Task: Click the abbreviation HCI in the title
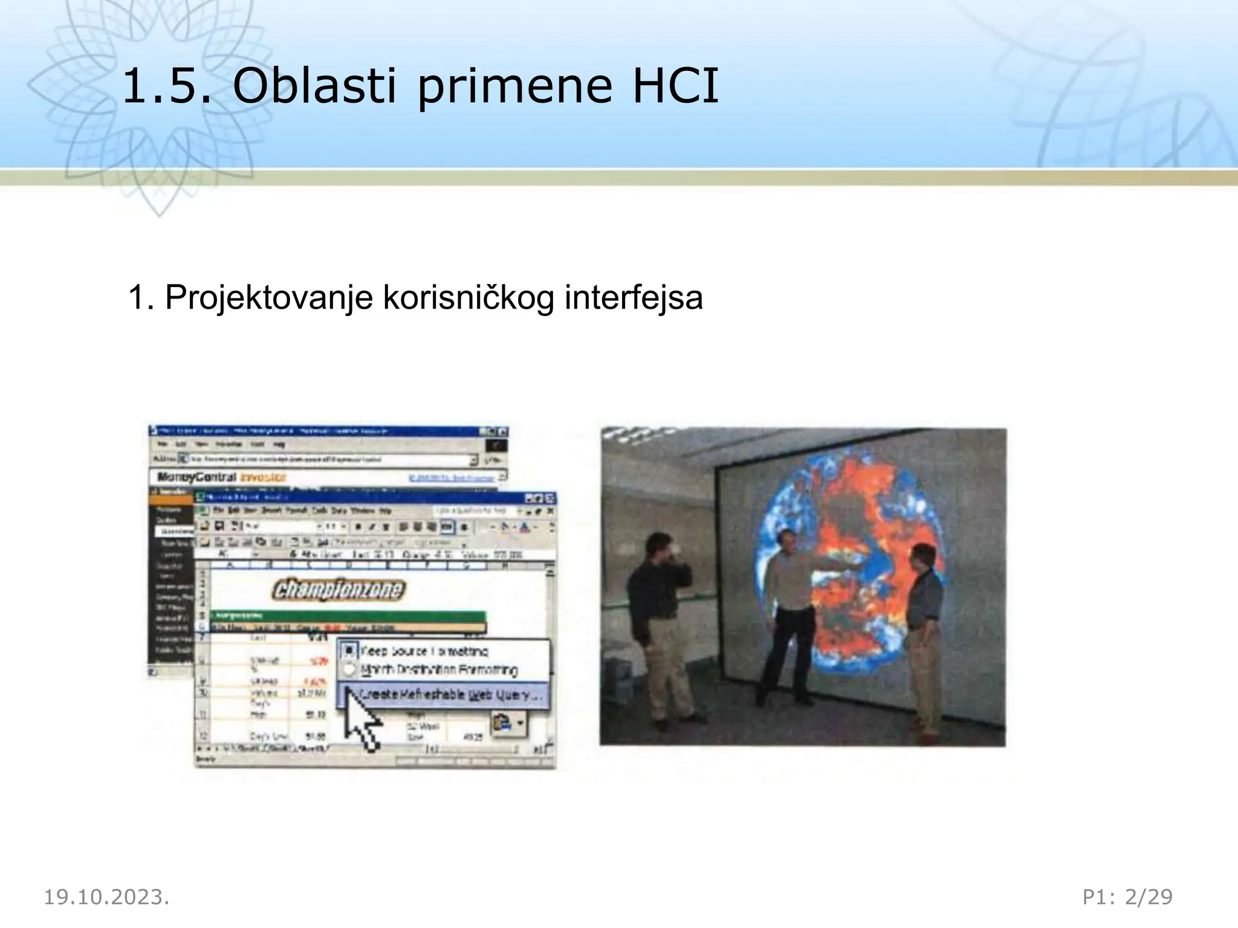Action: [675, 86]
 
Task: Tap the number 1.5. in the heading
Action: [167, 86]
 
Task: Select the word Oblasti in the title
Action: [314, 86]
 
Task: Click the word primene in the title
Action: [514, 86]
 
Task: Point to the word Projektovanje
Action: [268, 298]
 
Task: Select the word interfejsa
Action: [634, 298]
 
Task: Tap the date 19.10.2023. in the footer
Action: [106, 897]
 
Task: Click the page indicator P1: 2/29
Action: [1127, 897]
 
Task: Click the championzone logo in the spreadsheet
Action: [339, 589]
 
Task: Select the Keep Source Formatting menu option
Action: [423, 651]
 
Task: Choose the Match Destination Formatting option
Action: [438, 669]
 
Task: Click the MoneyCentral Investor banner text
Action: [221, 477]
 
